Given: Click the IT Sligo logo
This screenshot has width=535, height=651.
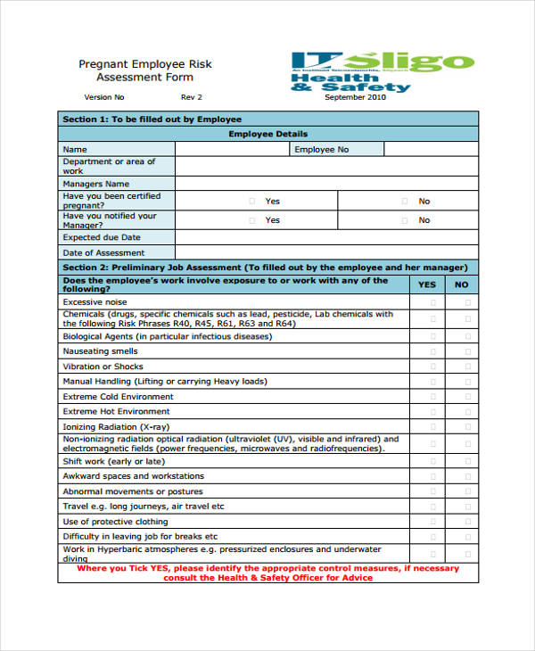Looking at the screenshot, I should pos(382,71).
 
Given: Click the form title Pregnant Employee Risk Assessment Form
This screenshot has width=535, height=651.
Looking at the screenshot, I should pos(144,70).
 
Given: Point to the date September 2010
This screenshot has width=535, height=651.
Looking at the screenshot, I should pos(356,97).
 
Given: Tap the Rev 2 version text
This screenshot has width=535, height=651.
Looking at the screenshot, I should pos(192,97).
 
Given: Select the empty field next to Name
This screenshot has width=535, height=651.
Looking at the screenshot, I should pos(232,150).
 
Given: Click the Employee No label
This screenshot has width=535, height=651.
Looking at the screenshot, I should pos(322,150).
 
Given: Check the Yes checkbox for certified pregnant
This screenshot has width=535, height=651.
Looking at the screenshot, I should pos(251,202).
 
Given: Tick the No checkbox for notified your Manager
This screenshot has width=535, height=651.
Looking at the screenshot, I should pos(405,220).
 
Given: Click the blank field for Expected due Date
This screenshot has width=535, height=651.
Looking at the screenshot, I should pos(326,238).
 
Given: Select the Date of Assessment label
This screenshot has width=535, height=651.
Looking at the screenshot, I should pos(103,253).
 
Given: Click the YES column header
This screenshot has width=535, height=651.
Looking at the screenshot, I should pos(428,284).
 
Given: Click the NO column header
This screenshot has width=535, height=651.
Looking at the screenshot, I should pos(461,284).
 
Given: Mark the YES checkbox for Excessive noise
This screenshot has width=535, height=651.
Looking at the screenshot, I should pos(434,302).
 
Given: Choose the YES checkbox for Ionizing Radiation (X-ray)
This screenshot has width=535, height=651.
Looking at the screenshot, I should pos(434,427).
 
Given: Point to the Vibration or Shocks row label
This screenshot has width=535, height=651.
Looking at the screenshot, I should pos(103,367).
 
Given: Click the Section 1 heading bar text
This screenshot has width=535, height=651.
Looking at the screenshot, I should pos(152,119).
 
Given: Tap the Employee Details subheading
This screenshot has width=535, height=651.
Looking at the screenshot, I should pos(267,134).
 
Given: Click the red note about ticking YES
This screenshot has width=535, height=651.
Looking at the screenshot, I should pos(267,573).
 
